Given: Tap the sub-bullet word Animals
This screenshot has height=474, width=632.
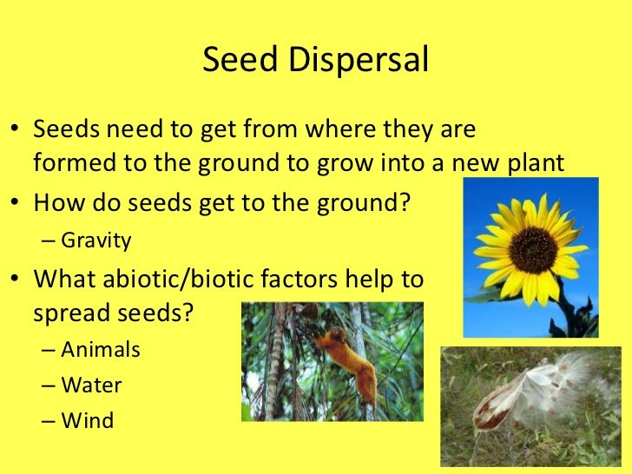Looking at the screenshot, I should (x=101, y=350).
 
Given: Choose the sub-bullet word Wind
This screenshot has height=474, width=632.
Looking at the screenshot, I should (x=88, y=421).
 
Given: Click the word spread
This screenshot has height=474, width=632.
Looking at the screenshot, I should (x=70, y=313).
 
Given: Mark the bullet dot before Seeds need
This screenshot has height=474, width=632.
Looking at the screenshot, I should (x=16, y=130).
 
